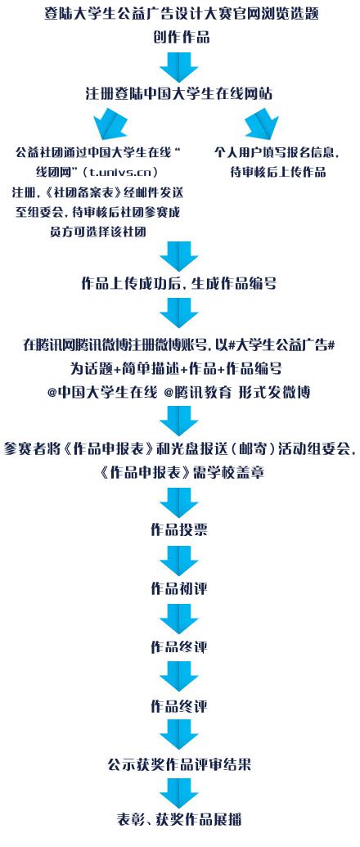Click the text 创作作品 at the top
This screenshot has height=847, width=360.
180,38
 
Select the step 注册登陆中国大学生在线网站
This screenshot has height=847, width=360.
179,93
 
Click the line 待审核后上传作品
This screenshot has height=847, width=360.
278,173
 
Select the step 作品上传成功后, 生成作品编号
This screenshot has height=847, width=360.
179,284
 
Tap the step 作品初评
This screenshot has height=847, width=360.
179,588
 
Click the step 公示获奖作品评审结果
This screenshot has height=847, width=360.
179,764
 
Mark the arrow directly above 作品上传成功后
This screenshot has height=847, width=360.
179,256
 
